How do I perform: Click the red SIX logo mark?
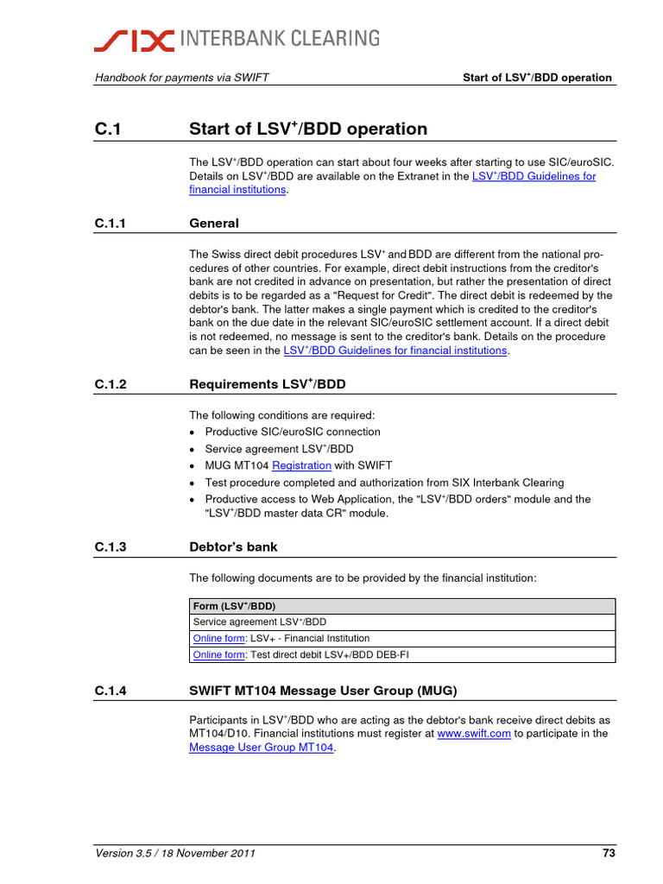(x=135, y=39)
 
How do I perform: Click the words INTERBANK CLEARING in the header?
(x=278, y=39)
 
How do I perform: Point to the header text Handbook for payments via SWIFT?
(x=181, y=78)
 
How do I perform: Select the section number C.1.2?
(x=111, y=384)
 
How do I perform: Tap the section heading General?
(x=213, y=224)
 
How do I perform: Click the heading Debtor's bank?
(x=233, y=547)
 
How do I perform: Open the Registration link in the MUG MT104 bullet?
(x=301, y=465)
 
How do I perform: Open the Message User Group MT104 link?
(x=261, y=748)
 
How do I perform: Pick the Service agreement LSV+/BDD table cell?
(x=260, y=622)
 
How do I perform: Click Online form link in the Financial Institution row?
(x=218, y=639)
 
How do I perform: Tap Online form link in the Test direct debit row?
(x=218, y=655)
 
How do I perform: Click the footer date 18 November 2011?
(x=212, y=855)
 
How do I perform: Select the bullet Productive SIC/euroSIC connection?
(x=292, y=432)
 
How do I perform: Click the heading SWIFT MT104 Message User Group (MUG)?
(x=322, y=691)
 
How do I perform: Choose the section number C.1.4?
(x=111, y=691)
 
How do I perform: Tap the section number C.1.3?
(x=111, y=547)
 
